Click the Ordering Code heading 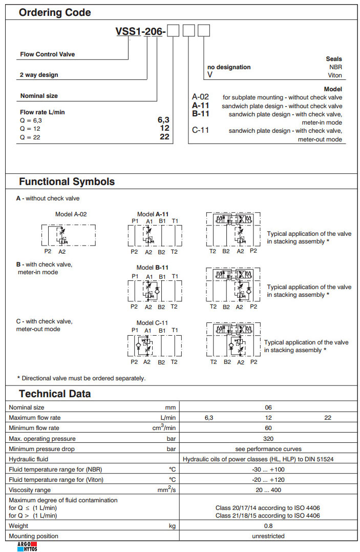pyautogui.click(x=55, y=13)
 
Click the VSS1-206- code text pyautogui.click(x=140, y=32)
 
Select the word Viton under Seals pyautogui.click(x=335, y=75)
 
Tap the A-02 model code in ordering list pyautogui.click(x=200, y=97)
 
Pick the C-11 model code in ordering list pyautogui.click(x=200, y=130)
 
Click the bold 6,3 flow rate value pyautogui.click(x=163, y=120)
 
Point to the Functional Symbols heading pyautogui.click(x=67, y=181)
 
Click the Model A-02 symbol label pyautogui.click(x=74, y=214)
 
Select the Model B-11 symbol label pyautogui.click(x=152, y=268)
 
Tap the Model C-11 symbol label pyautogui.click(x=152, y=323)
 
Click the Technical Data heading pyautogui.click(x=55, y=394)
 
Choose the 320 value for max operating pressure pyautogui.click(x=268, y=438)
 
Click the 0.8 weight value pyautogui.click(x=268, y=525)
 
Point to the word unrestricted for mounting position pyautogui.click(x=268, y=536)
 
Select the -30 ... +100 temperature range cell pyautogui.click(x=268, y=469)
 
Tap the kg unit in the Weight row pyautogui.click(x=172, y=525)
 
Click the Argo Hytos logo pyautogui.click(x=27, y=546)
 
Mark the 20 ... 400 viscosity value pyautogui.click(x=268, y=490)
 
